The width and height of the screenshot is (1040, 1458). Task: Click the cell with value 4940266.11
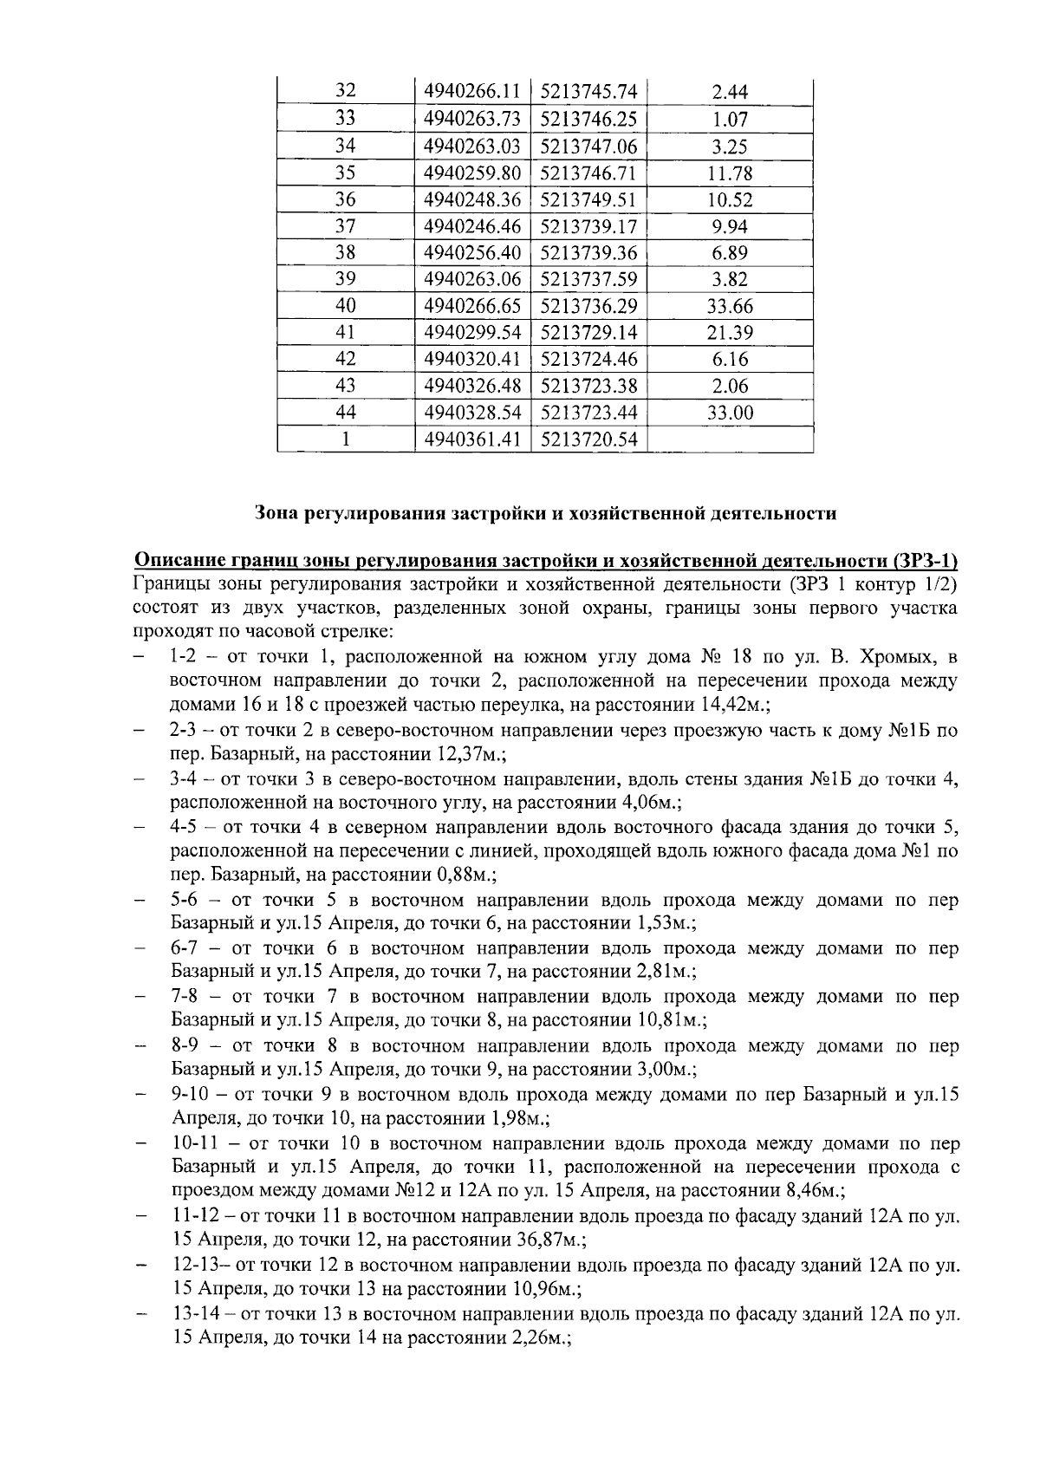[x=471, y=92]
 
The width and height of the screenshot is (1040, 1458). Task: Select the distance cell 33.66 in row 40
[x=730, y=306]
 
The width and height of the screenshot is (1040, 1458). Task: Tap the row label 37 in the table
[x=345, y=226]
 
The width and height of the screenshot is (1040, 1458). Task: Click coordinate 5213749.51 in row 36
[x=588, y=199]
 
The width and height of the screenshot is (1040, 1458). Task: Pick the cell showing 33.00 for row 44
[x=730, y=413]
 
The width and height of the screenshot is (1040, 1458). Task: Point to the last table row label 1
[x=345, y=440]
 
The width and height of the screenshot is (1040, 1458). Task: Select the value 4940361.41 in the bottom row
[x=471, y=440]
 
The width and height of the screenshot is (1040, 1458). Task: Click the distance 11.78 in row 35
[x=730, y=172]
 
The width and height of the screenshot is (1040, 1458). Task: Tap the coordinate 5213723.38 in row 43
[x=588, y=387]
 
